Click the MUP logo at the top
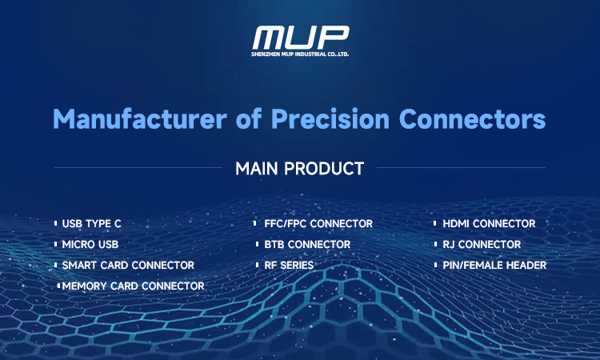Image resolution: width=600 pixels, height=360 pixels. tap(300, 37)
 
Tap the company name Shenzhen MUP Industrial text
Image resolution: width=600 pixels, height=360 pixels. tap(300, 54)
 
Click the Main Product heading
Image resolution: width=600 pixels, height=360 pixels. tap(300, 169)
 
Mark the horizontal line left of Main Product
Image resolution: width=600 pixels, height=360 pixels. tap(137, 169)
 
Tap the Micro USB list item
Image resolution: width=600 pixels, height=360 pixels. tap(90, 245)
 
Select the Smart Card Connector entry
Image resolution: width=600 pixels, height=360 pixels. tap(128, 265)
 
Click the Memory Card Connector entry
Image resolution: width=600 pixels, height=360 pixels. tap(133, 286)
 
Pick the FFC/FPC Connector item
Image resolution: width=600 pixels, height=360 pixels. tap(313, 224)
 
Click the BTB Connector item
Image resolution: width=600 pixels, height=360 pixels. tap(302, 245)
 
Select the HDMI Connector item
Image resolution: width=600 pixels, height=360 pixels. tap(489, 224)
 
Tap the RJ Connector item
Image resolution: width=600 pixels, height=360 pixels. tap(481, 245)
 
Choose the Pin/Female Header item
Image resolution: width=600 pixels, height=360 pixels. tap(494, 265)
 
